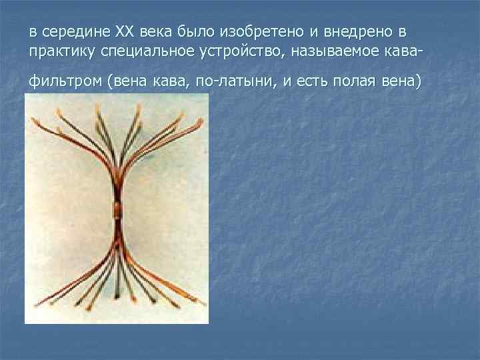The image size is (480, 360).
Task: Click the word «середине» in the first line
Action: coord(75,32)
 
